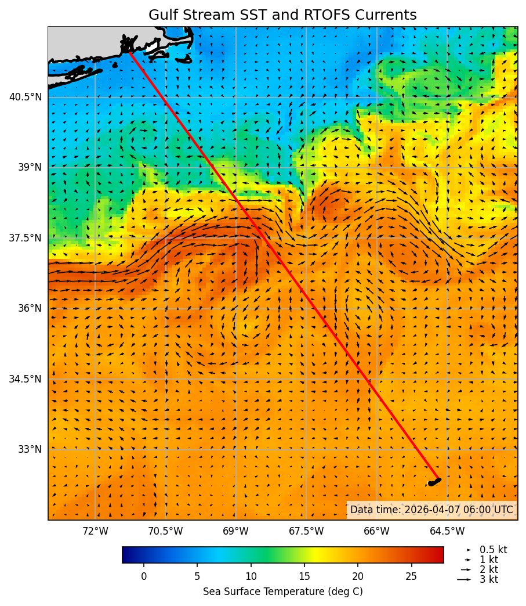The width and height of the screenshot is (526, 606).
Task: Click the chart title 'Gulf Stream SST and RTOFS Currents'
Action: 282,15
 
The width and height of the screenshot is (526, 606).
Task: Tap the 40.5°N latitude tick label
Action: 26,97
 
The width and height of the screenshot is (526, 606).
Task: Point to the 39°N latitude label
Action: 28,167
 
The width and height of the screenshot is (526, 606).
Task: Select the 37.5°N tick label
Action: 26,238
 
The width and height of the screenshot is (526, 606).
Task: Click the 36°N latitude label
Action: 28,308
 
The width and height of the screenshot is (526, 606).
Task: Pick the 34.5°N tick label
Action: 26,379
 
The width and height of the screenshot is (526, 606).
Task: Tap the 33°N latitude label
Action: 28,449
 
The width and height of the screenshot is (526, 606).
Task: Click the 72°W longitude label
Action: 95,531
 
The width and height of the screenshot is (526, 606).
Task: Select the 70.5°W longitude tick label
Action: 165,531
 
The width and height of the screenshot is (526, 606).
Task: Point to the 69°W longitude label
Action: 235,531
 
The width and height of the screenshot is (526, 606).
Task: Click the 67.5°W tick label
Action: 306,531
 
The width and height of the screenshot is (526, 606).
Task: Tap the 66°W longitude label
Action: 376,531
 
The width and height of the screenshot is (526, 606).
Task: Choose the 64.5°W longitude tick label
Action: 447,531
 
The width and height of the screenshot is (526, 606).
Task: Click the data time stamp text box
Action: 431,510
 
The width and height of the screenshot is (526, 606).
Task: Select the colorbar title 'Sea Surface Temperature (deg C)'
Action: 282,591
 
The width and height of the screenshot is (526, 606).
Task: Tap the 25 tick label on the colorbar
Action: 411,576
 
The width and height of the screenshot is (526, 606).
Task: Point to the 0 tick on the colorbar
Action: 144,576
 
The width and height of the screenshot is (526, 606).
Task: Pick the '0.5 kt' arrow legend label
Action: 493,550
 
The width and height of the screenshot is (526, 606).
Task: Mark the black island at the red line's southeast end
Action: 434,482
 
